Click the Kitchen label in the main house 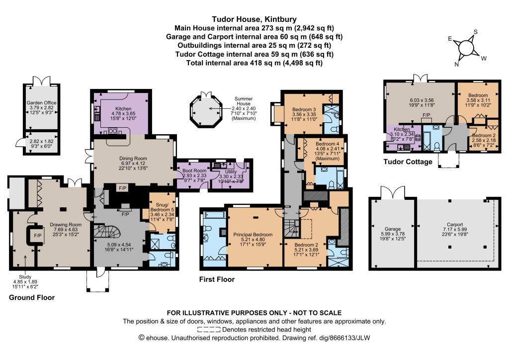click(x=123, y=109)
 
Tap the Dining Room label click(x=133, y=159)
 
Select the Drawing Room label click(x=66, y=225)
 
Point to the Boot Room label click(x=194, y=171)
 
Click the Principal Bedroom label click(x=253, y=234)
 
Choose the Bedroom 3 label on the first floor click(x=304, y=110)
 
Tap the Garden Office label click(x=42, y=103)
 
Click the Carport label click(x=455, y=225)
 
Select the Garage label click(x=393, y=229)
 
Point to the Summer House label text click(x=244, y=101)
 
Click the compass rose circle click(x=466, y=48)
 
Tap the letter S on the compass click(x=476, y=32)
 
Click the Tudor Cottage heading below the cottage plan click(x=408, y=162)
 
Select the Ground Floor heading click(x=32, y=298)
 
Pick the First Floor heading click(x=217, y=279)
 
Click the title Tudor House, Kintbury click(x=254, y=19)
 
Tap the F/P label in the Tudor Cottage click(x=426, y=115)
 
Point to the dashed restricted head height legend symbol click(x=209, y=330)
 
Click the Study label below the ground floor click(x=25, y=277)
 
